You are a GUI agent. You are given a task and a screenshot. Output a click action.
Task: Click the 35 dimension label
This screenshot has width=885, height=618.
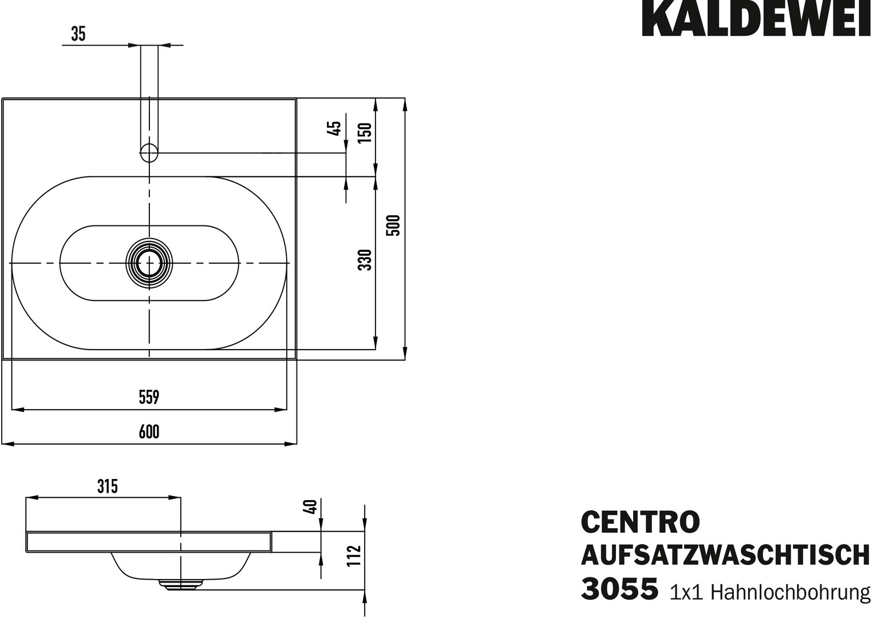point(78,34)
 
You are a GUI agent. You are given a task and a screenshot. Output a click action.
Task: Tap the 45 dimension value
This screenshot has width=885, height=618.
point(334,128)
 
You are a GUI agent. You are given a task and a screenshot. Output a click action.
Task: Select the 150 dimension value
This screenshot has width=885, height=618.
point(365,133)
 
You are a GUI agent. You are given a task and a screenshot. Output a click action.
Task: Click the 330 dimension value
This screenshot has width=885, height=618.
point(365,260)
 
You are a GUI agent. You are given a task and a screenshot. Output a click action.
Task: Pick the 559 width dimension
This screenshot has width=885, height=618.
point(149,397)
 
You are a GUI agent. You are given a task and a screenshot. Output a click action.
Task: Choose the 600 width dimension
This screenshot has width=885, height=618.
point(149,431)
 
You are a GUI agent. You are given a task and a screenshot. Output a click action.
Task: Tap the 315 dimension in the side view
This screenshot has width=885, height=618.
point(108,486)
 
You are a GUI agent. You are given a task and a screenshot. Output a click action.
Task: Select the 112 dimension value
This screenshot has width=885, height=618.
point(354,556)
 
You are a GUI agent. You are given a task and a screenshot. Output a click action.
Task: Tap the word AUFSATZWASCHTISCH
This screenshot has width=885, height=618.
point(725,555)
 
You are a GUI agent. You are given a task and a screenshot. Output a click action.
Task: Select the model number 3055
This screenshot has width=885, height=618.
point(619,589)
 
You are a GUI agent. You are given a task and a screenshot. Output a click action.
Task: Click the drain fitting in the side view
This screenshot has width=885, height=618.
point(180,584)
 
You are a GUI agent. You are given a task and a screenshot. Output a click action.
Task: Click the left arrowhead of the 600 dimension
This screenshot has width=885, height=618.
point(8,444)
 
